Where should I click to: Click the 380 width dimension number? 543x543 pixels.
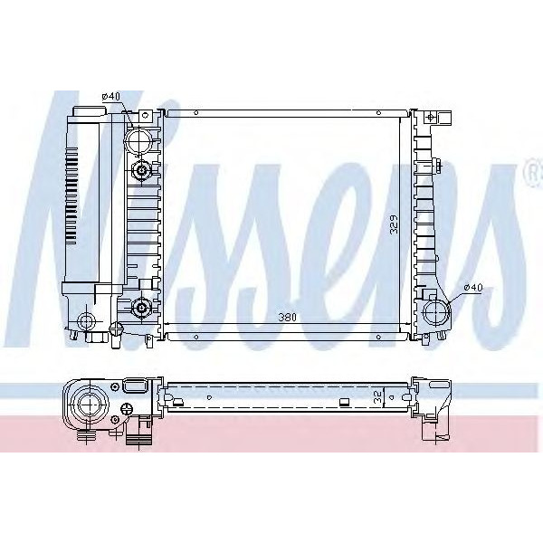click(x=289, y=318)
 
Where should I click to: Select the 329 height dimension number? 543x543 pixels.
click(x=393, y=224)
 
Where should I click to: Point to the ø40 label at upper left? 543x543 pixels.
click(x=111, y=96)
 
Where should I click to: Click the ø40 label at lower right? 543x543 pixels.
click(x=472, y=288)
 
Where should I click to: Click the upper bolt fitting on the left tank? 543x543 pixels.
click(x=142, y=171)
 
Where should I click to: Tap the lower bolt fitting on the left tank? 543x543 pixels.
click(x=142, y=309)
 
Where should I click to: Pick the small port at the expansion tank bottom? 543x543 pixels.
click(x=87, y=320)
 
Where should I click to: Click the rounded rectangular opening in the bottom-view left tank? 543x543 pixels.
click(x=133, y=387)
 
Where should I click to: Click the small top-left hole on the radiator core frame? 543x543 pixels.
click(x=195, y=113)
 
